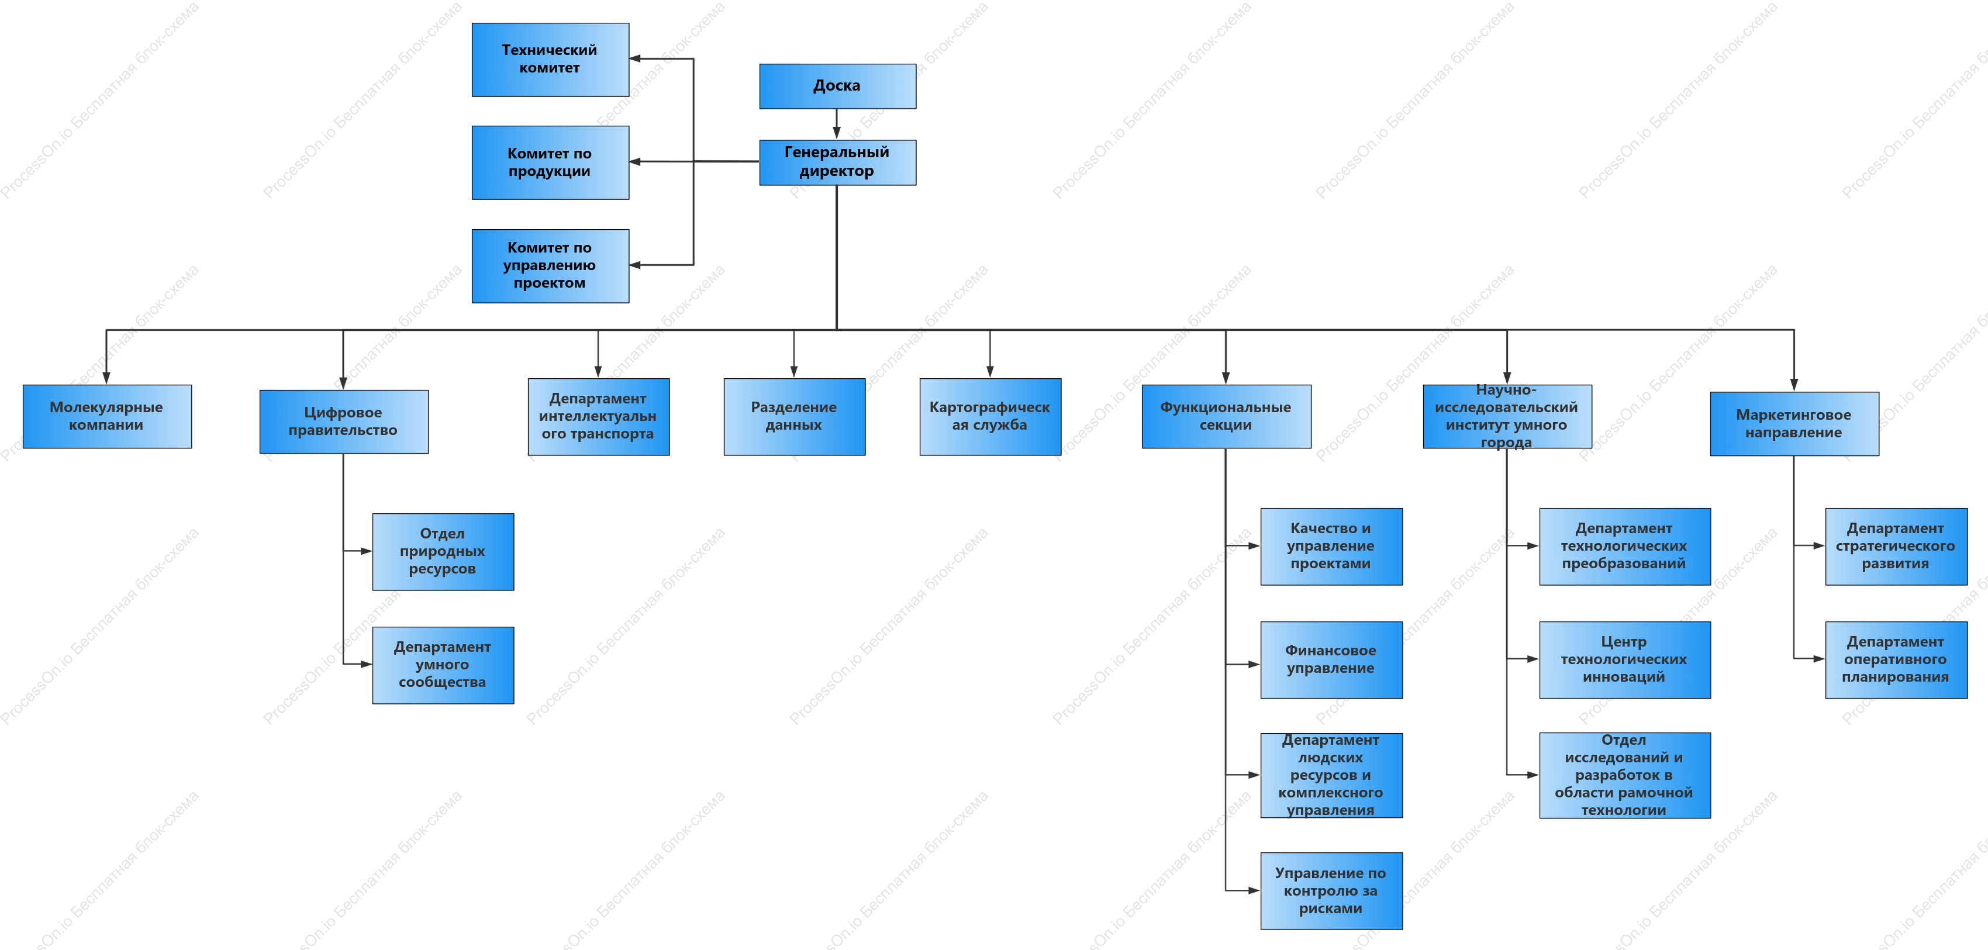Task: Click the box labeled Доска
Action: point(837,86)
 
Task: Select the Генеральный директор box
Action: point(837,162)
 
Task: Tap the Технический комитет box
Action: point(550,60)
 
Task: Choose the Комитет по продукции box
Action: point(550,162)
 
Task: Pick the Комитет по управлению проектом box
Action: point(550,265)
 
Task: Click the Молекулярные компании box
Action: point(107,416)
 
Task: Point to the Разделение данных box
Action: point(794,416)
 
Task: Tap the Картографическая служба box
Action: point(990,416)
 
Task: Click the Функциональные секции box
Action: point(1226,416)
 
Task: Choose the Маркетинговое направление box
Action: point(1794,424)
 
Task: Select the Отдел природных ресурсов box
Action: point(443,552)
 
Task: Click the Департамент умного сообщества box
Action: point(443,665)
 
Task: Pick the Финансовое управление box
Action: point(1331,660)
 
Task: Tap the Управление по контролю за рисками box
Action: point(1331,890)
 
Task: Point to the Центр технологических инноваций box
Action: point(1624,660)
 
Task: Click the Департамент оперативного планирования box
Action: point(1896,660)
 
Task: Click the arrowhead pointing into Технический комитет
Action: point(635,58)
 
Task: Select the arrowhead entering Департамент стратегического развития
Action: point(1819,545)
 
